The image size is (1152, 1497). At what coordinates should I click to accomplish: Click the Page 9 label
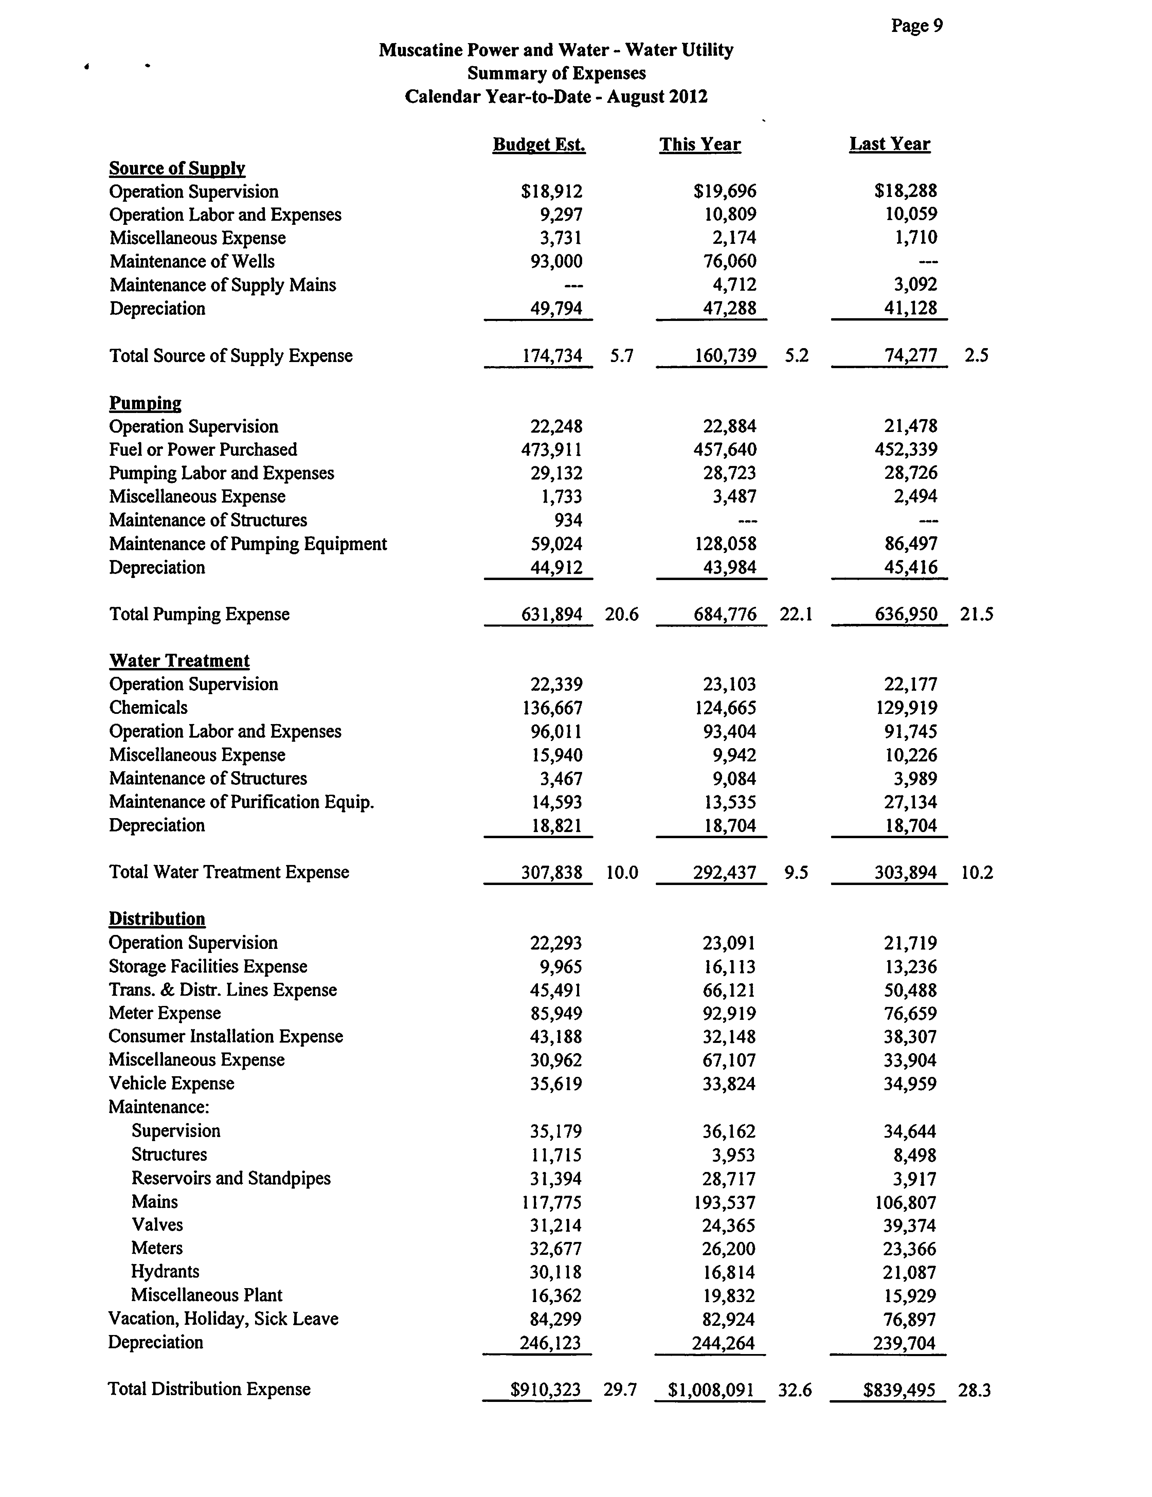tap(916, 26)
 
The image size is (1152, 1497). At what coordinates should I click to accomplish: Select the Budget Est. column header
tap(539, 145)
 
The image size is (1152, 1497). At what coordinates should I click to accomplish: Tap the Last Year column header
tap(889, 144)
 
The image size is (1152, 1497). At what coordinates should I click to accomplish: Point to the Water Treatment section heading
tap(179, 661)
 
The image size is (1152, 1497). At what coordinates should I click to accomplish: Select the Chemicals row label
tap(148, 707)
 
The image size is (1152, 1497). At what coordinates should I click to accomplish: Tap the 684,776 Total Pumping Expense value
tap(725, 614)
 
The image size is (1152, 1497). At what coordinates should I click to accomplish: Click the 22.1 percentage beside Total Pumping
tap(796, 614)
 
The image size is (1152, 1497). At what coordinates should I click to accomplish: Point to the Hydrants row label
tap(165, 1271)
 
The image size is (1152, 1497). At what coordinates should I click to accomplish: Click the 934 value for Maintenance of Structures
tap(568, 520)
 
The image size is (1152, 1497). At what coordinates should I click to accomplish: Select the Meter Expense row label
tap(164, 1013)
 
